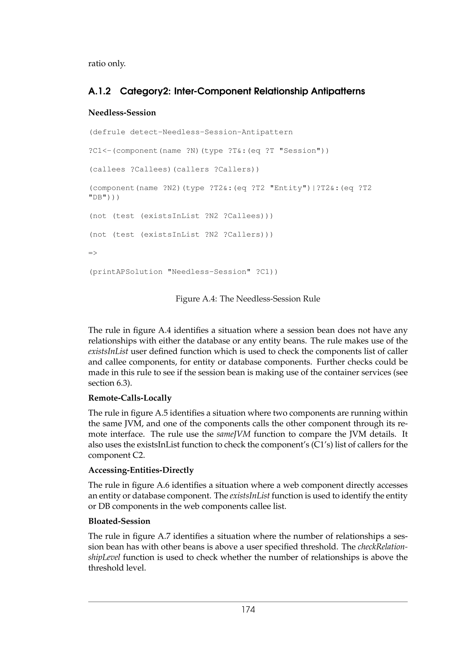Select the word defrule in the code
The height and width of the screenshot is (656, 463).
[109, 132]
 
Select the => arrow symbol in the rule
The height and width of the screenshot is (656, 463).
[93, 253]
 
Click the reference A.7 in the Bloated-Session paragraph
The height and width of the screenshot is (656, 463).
[169, 536]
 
